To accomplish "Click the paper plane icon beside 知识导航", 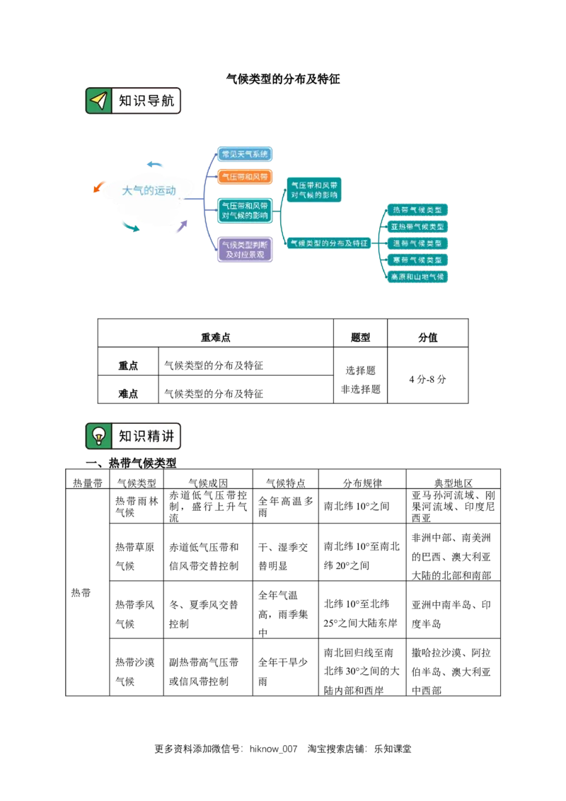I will click(99, 101).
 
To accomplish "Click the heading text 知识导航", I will click(146, 101).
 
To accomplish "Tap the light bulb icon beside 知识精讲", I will click(99, 436).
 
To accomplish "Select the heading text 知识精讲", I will click(146, 436).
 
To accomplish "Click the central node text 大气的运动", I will click(149, 190).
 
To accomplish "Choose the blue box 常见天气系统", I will click(245, 154).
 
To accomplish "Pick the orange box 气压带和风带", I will click(245, 176).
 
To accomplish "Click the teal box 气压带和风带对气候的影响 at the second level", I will click(245, 210).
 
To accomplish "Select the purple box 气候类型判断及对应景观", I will click(245, 249).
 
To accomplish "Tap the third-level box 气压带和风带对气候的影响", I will click(315, 189).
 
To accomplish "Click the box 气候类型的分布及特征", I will click(329, 243).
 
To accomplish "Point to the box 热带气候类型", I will click(417, 210).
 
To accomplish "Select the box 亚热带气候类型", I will click(417, 226).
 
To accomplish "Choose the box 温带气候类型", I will click(417, 243).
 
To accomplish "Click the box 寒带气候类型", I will click(417, 260).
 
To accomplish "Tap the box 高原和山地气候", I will click(417, 277).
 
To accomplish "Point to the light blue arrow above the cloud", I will click(156, 165).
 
